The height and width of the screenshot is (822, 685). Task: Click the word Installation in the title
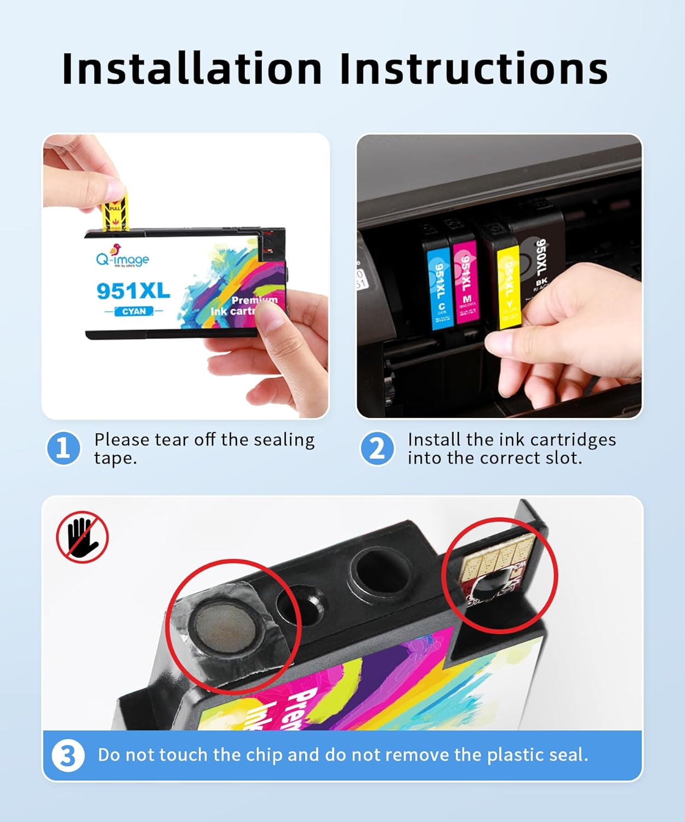pyautogui.click(x=192, y=68)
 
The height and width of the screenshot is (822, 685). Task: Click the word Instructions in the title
pyautogui.click(x=473, y=68)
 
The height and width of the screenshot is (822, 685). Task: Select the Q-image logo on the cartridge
pyautogui.click(x=122, y=257)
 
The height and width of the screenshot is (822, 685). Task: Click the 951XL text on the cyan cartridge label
pyautogui.click(x=133, y=290)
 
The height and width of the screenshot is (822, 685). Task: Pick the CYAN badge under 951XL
pyautogui.click(x=134, y=311)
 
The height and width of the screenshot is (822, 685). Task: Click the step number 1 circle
pyautogui.click(x=63, y=448)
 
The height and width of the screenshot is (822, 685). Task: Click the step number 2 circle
pyautogui.click(x=377, y=448)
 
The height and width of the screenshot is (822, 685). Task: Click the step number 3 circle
pyautogui.click(x=68, y=756)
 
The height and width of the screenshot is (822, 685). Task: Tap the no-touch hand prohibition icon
pyautogui.click(x=83, y=537)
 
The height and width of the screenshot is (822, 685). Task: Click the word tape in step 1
pyautogui.click(x=114, y=458)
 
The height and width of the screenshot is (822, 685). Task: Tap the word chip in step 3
pyautogui.click(x=264, y=756)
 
